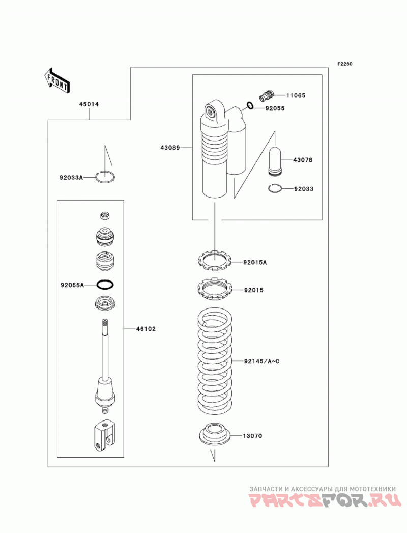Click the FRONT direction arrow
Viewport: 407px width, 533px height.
point(57,81)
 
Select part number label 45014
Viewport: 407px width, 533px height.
point(89,104)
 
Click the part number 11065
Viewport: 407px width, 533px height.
point(296,95)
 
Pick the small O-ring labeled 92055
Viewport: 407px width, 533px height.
point(250,106)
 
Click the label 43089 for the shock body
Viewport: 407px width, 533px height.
point(170,148)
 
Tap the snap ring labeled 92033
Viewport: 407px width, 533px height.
point(275,189)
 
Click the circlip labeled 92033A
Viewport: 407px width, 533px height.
point(105,177)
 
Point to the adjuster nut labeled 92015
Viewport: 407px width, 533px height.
point(215,289)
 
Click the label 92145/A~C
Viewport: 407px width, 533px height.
point(261,361)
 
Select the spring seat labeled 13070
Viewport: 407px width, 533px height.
point(214,433)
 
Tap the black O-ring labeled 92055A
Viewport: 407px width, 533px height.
point(105,285)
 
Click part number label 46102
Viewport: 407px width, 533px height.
point(146,329)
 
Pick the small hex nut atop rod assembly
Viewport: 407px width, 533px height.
point(105,215)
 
